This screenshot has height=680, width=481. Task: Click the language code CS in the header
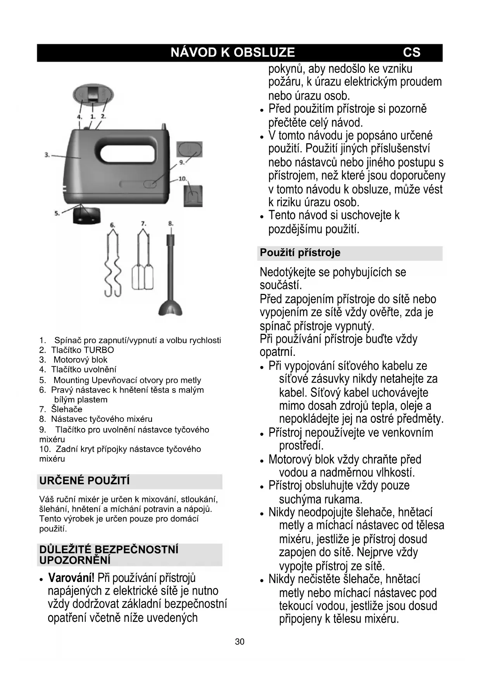[x=411, y=53]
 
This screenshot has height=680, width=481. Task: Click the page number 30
[x=240, y=642]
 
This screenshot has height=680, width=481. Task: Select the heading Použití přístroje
[x=300, y=253]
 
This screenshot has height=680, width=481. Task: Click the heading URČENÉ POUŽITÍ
[x=84, y=481]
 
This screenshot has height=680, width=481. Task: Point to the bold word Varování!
[x=71, y=578]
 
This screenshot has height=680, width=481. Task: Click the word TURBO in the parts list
[x=99, y=350]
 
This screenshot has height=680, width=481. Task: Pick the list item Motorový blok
[x=80, y=360]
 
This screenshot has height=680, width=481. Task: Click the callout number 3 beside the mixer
[x=47, y=155]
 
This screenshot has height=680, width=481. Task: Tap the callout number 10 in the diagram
[x=182, y=179]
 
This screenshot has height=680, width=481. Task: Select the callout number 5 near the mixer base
[x=57, y=213]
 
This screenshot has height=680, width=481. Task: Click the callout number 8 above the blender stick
[x=171, y=224]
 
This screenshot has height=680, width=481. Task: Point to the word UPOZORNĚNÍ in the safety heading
[x=75, y=560]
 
